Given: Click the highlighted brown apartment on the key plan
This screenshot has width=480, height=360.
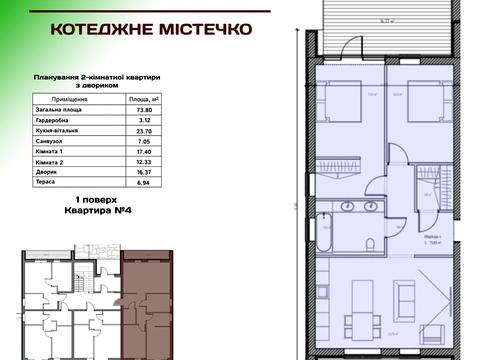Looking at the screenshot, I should [146, 300].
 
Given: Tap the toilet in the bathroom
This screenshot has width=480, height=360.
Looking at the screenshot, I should [372, 244].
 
